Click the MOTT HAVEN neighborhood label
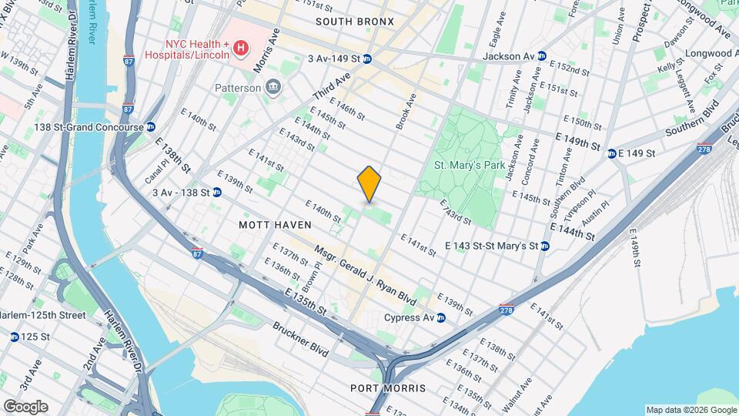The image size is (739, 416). point(275,225)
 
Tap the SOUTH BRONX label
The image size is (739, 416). point(354,22)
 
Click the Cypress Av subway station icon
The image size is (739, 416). point(441,317)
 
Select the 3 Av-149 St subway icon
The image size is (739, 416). point(367,59)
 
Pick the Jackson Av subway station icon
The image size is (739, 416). point(542,56)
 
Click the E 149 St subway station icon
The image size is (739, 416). point(611,153)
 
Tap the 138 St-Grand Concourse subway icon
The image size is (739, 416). point(150,127)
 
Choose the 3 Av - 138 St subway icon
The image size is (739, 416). point(217,192)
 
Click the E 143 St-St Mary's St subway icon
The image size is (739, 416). point(544,246)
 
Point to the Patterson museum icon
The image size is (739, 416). point(272,88)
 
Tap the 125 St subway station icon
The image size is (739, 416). point(15,337)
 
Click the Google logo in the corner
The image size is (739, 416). point(25,407)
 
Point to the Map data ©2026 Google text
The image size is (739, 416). point(691,410)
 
